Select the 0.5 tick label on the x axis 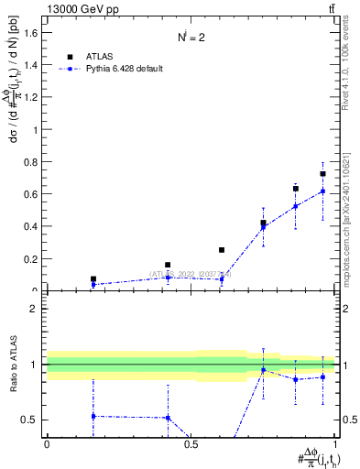tap(191, 444)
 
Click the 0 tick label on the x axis tap(47, 444)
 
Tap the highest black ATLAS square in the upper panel tap(322, 174)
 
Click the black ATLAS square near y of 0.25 tap(222, 250)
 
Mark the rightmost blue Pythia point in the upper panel tap(322, 191)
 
